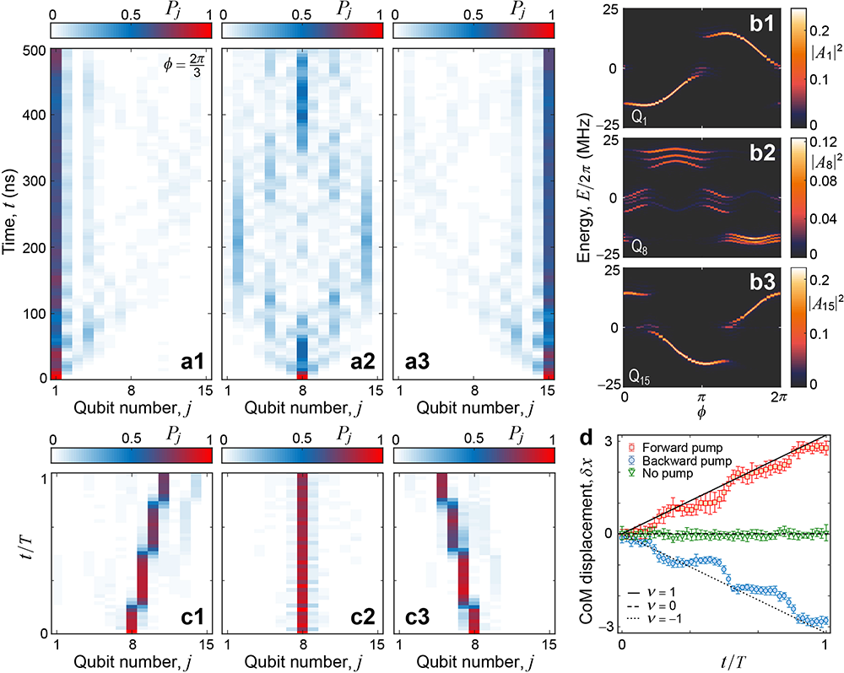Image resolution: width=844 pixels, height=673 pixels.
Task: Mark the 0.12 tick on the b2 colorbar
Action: pyautogui.click(x=824, y=139)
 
